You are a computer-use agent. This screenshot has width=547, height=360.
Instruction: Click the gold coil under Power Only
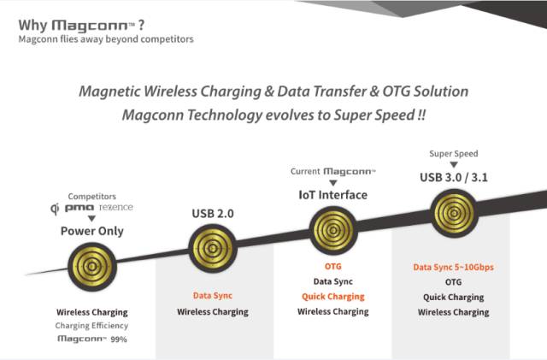point(91,267)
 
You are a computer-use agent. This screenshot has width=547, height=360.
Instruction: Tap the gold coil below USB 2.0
point(213,248)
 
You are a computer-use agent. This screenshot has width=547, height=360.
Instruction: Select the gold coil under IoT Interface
point(333,231)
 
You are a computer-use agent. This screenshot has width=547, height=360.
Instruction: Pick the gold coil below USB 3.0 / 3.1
point(454,213)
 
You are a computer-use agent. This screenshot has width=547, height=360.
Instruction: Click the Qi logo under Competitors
point(55,209)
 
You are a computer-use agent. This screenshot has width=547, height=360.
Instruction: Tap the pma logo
point(79,208)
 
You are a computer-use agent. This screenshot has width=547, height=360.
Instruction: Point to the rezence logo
point(116,208)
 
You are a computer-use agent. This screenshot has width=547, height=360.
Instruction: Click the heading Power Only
point(92,231)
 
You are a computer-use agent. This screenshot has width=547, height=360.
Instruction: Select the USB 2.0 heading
point(213,213)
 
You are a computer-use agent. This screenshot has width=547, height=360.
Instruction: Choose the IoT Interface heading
point(333,195)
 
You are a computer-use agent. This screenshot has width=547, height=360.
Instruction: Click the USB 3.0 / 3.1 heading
point(454,177)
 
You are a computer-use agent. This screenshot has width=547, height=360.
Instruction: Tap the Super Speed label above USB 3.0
point(454,154)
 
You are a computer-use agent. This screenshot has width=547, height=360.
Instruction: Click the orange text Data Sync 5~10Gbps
point(454,268)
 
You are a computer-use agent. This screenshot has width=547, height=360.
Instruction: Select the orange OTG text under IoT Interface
point(333,267)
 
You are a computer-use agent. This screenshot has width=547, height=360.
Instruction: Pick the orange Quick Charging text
point(333,297)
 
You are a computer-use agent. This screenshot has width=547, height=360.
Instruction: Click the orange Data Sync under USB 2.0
point(213,296)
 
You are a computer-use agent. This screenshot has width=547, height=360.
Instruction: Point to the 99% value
point(119,339)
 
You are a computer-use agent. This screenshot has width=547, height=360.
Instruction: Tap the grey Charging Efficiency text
point(91,326)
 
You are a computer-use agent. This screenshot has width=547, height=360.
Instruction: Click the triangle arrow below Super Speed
point(454,165)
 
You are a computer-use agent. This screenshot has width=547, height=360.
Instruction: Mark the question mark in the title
point(141,25)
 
